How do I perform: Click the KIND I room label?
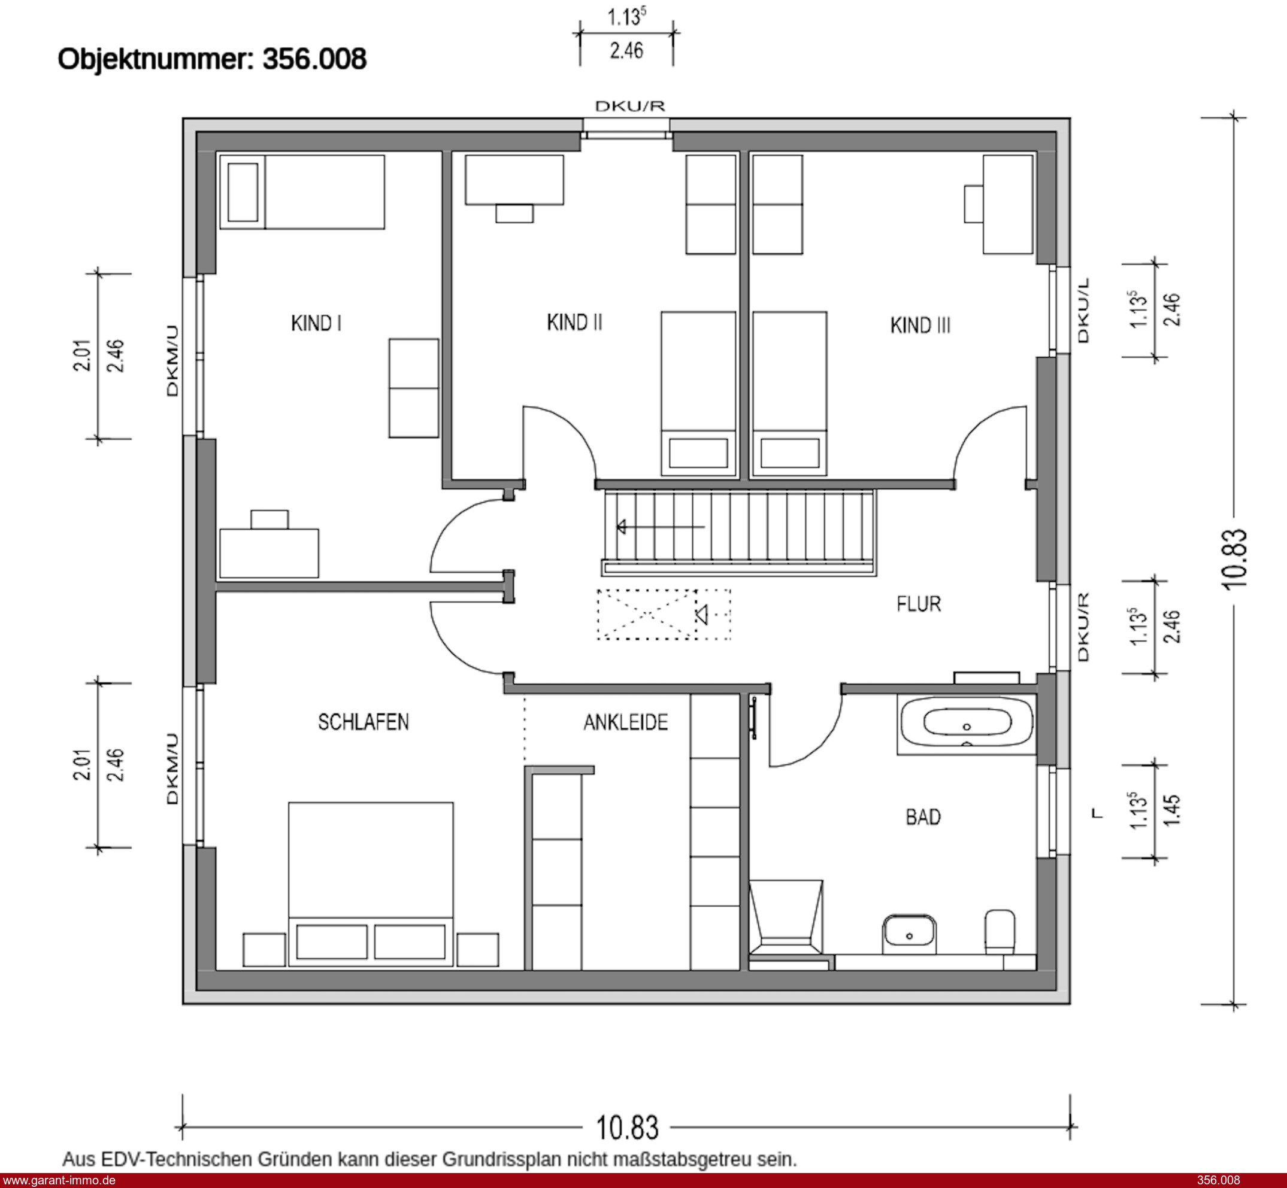[x=316, y=323]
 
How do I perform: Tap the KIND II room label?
[x=574, y=322]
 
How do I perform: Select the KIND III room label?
[x=920, y=326]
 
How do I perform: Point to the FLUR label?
[x=919, y=604]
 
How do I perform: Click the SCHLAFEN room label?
[x=364, y=722]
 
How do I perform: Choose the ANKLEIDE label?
[x=625, y=722]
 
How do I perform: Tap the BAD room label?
[x=923, y=817]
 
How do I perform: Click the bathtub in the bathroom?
[x=966, y=725]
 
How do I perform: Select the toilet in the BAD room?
[x=1000, y=932]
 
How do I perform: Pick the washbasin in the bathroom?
[x=909, y=934]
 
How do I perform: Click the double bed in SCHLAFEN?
[x=371, y=884]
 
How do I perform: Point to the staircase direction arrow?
[x=661, y=527]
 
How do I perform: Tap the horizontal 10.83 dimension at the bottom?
[x=627, y=1128]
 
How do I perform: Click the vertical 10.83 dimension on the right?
[x=1233, y=558]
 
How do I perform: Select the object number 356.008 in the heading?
[x=314, y=59]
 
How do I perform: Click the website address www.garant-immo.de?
[x=59, y=1180]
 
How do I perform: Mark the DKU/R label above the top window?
[x=629, y=106]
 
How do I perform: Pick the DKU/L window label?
[x=1083, y=311]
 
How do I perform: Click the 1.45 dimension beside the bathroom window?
[x=1172, y=810]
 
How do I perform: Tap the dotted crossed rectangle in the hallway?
[x=663, y=615]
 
